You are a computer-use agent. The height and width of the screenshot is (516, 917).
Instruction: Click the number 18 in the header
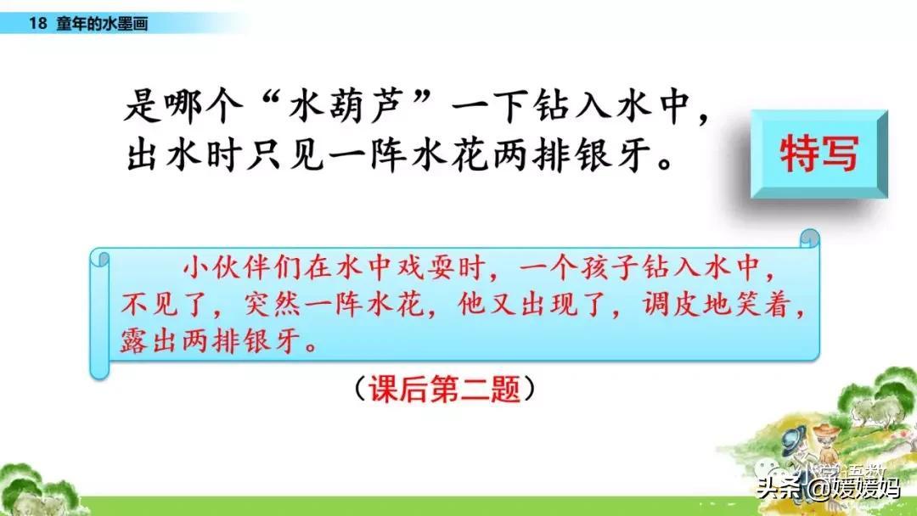(37, 24)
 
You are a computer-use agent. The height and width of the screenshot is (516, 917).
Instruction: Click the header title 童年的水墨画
(103, 24)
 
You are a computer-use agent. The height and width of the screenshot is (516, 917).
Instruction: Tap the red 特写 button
(819, 153)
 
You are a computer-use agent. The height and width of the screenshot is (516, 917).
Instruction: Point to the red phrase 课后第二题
(444, 388)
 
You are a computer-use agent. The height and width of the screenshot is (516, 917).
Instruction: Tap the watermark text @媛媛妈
(854, 488)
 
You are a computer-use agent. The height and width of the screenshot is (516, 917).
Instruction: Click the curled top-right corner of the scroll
(809, 238)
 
